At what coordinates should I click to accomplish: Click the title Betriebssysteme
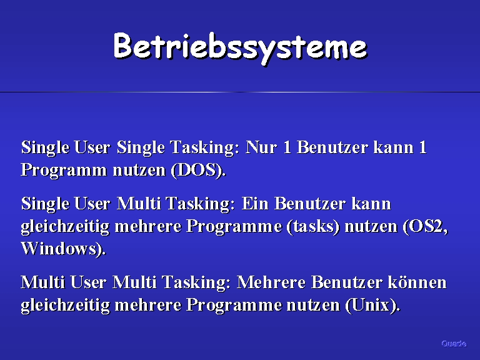(240, 47)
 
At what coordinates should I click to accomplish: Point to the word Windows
(59, 248)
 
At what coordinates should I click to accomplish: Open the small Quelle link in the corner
(454, 344)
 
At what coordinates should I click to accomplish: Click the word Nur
(261, 147)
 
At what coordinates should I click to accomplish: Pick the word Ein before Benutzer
(255, 203)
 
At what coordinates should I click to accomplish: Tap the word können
(417, 282)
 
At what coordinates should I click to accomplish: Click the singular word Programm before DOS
(64, 170)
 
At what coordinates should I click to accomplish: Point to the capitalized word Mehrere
(271, 282)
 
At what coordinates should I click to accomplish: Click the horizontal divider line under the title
(240, 92)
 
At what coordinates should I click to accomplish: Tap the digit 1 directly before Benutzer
(287, 147)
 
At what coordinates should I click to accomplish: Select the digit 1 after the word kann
(422, 147)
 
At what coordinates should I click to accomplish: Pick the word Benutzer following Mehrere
(347, 282)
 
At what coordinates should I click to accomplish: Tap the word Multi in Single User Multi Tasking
(139, 203)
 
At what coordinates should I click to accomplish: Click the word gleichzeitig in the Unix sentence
(65, 305)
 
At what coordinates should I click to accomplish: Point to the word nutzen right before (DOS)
(139, 170)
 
